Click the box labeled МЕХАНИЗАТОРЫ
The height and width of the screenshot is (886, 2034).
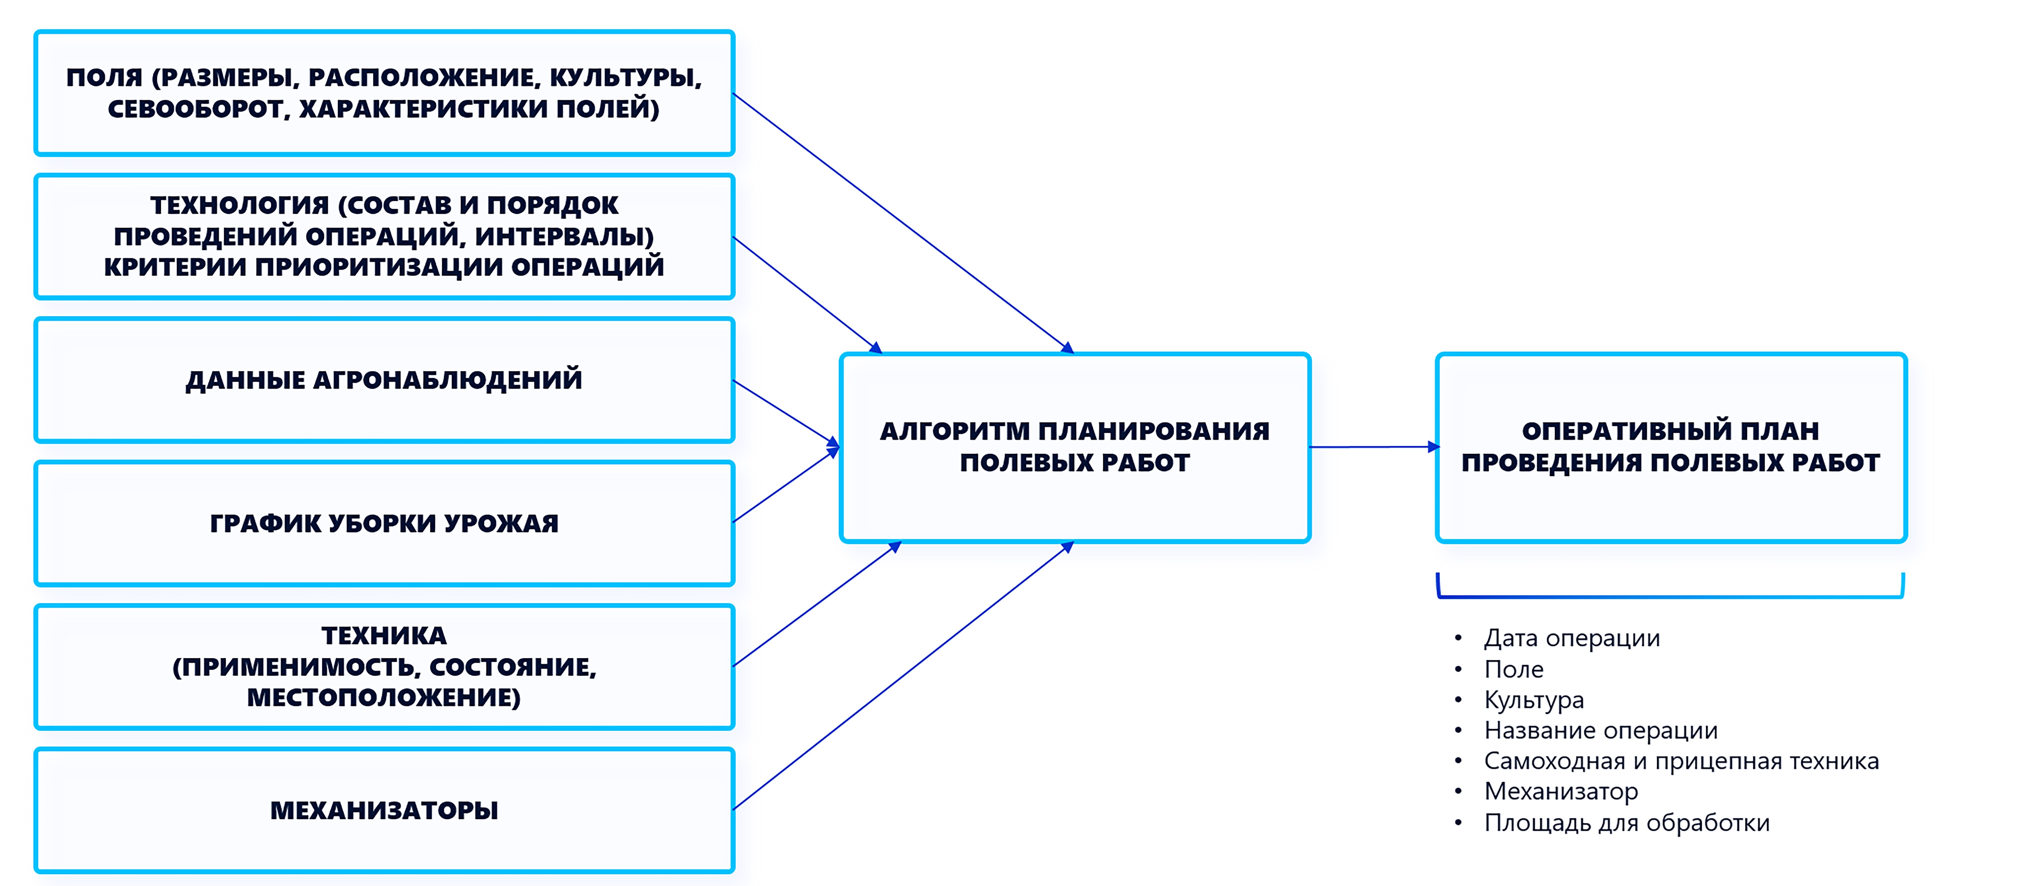pyautogui.click(x=384, y=810)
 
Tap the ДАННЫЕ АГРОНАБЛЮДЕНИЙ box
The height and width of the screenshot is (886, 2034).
pyautogui.click(x=384, y=380)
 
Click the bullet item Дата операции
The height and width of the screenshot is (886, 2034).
pyautogui.click(x=1571, y=638)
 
